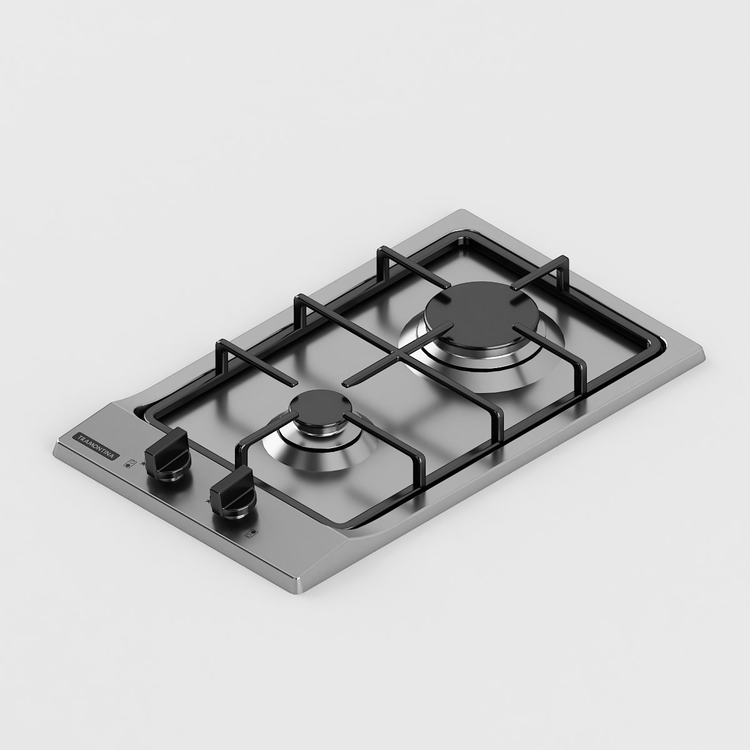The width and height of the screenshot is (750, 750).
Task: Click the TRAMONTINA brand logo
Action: [96, 446]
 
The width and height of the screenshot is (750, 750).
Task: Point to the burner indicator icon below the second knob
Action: [252, 533]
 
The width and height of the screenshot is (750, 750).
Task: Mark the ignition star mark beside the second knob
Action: [207, 501]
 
